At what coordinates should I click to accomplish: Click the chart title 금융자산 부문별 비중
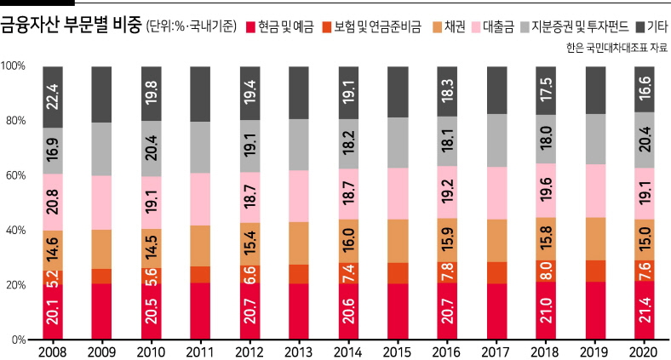(x=71, y=26)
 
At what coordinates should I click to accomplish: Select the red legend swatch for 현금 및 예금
(x=250, y=27)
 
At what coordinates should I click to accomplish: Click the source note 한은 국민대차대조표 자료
(x=617, y=48)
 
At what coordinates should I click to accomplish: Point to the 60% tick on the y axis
(x=16, y=175)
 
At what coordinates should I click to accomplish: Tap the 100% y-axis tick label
(x=14, y=66)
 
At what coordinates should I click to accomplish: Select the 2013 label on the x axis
(x=298, y=352)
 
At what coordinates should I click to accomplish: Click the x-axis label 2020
(x=643, y=352)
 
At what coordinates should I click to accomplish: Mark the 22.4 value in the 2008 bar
(x=53, y=97)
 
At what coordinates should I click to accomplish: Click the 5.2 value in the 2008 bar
(x=53, y=278)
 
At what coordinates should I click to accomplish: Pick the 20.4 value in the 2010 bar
(x=152, y=148)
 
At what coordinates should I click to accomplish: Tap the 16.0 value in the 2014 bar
(x=349, y=240)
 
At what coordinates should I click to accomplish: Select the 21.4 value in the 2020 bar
(x=645, y=310)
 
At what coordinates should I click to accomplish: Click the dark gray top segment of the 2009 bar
(x=101, y=94)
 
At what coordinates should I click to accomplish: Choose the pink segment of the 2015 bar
(x=398, y=194)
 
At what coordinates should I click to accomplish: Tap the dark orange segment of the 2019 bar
(x=595, y=271)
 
